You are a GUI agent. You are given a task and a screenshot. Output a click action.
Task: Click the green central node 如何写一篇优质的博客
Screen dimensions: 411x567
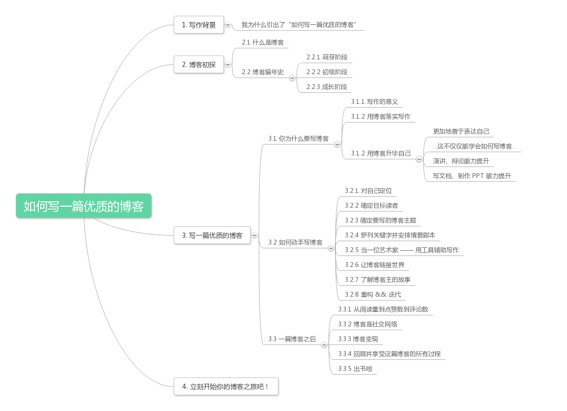(x=84, y=206)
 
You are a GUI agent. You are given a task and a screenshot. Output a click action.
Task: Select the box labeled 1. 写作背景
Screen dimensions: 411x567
(x=199, y=25)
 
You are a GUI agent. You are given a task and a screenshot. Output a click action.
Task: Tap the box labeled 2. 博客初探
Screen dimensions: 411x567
(x=199, y=64)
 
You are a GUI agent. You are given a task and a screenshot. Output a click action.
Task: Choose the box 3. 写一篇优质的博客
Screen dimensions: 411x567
(x=212, y=235)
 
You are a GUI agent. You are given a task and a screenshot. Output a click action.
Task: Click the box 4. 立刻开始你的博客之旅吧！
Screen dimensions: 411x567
(x=226, y=387)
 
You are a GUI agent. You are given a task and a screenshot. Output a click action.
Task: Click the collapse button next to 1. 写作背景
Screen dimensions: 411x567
(x=228, y=25)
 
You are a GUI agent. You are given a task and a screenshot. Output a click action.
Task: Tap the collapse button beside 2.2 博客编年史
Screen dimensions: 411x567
(x=292, y=78)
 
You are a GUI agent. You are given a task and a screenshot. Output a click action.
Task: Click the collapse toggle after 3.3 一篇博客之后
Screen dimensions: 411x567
(x=324, y=344)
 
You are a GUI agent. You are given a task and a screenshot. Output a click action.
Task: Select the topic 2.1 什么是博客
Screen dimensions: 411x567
(x=263, y=42)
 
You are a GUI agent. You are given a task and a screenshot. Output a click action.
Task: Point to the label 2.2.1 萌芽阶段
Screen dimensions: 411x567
(x=327, y=57)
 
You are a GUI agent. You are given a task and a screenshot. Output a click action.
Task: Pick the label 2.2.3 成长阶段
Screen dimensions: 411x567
(x=327, y=87)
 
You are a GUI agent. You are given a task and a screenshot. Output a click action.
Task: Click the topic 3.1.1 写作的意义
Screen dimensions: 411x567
(x=375, y=101)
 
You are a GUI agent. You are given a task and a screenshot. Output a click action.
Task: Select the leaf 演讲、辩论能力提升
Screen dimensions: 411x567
(x=461, y=161)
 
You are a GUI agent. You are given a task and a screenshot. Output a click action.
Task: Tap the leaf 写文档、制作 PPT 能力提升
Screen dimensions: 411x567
(x=472, y=176)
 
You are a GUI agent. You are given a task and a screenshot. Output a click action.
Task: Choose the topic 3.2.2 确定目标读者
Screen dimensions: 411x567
(x=371, y=205)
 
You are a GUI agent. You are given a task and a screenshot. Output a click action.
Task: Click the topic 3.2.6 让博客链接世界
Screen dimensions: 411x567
(x=375, y=265)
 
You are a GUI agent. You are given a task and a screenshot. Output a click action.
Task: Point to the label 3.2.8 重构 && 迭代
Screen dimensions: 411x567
(x=373, y=294)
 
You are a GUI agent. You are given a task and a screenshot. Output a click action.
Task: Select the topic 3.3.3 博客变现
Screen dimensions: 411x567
(x=358, y=339)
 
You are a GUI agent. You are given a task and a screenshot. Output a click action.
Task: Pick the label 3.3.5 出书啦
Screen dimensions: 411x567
(x=355, y=368)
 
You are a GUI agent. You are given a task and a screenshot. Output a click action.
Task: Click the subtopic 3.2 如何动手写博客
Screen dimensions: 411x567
(x=295, y=243)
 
